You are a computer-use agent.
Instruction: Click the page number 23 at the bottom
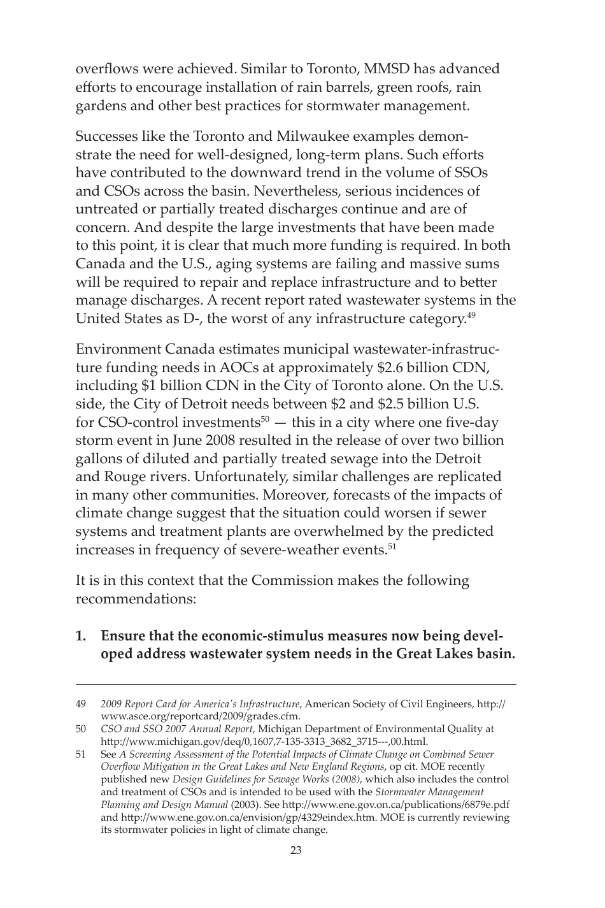[x=295, y=850]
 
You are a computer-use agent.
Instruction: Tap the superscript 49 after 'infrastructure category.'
[x=471, y=315]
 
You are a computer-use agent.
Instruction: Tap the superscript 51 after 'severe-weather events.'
[x=392, y=546]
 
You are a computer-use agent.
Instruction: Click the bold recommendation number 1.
[x=80, y=636]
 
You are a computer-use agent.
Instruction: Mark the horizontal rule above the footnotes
[x=296, y=686]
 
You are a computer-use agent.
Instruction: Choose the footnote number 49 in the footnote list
[x=81, y=704]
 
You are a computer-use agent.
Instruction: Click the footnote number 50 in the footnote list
[x=81, y=729]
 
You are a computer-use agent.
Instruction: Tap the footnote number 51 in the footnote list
[x=81, y=754]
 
